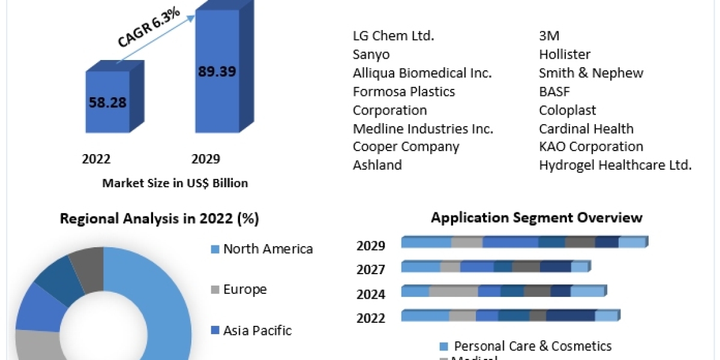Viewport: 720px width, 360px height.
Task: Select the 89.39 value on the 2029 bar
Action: [217, 71]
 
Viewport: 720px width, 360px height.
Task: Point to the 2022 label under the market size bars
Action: [96, 159]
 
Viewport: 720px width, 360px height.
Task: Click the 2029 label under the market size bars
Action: [206, 159]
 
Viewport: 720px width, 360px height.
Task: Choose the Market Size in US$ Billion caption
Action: [175, 183]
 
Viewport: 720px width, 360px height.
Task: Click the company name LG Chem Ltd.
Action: [393, 36]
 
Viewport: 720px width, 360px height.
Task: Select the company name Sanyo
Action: [371, 55]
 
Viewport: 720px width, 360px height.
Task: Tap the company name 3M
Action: [549, 36]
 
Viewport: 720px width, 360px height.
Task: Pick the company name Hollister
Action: [565, 55]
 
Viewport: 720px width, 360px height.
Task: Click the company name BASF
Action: [554, 92]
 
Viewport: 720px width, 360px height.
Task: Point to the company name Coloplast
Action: [568, 110]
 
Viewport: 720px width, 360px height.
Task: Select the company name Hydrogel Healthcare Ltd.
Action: [615, 165]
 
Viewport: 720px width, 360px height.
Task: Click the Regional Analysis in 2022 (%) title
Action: [159, 219]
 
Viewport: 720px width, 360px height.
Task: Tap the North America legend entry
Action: [268, 249]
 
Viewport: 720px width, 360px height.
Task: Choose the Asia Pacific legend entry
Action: [257, 331]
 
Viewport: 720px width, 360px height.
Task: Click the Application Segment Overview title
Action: [536, 217]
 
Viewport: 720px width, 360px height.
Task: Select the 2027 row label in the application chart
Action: [371, 269]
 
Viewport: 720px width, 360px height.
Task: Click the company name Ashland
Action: [377, 165]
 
